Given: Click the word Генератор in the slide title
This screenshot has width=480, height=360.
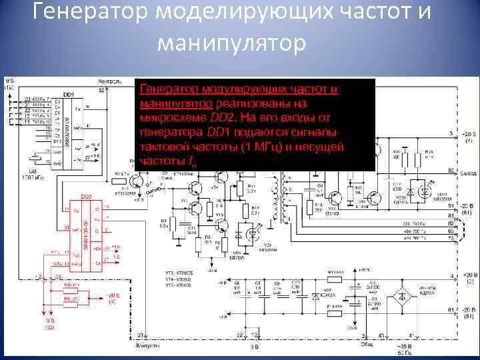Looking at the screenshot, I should coord(91,12).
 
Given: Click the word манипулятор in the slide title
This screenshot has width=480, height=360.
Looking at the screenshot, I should coord(231,43).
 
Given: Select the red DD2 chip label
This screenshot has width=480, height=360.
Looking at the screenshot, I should coord(86,197).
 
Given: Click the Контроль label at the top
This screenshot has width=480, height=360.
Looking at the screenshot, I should coord(109,81).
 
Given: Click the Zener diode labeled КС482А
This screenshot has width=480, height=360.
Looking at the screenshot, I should coord(317,295).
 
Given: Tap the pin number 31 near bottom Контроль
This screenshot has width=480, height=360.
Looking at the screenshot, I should coord(141,335).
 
